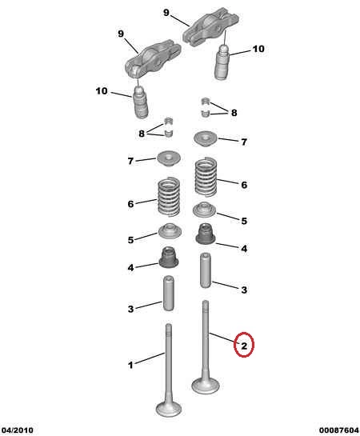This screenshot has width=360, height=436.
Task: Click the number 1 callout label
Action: (x=130, y=365)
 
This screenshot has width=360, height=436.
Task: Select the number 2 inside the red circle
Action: (x=244, y=346)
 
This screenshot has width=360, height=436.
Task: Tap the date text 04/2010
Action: (x=17, y=430)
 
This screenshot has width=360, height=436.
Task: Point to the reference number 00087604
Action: (x=339, y=430)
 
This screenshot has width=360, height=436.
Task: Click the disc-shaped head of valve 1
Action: (x=169, y=409)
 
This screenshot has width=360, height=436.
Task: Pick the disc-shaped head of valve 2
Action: (x=206, y=385)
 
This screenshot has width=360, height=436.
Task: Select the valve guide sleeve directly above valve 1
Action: (x=169, y=293)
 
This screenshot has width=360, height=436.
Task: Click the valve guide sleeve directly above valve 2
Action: (x=206, y=270)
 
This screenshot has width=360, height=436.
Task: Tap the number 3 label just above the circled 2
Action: (x=244, y=290)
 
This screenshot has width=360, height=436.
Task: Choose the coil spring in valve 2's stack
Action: (x=206, y=177)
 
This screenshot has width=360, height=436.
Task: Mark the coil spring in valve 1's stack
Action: (x=169, y=197)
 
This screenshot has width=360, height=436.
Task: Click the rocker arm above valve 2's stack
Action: (x=210, y=26)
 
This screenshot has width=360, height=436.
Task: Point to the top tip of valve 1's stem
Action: (x=169, y=325)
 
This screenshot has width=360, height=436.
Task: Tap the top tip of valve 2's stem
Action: (x=206, y=302)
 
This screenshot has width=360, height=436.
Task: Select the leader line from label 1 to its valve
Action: (x=150, y=358)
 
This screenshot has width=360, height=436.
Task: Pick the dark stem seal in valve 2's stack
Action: (x=206, y=234)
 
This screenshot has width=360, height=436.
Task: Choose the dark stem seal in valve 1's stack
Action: (x=169, y=258)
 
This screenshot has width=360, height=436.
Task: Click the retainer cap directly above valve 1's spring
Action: (x=169, y=159)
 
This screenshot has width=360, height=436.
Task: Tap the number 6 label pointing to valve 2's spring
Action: (x=244, y=185)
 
